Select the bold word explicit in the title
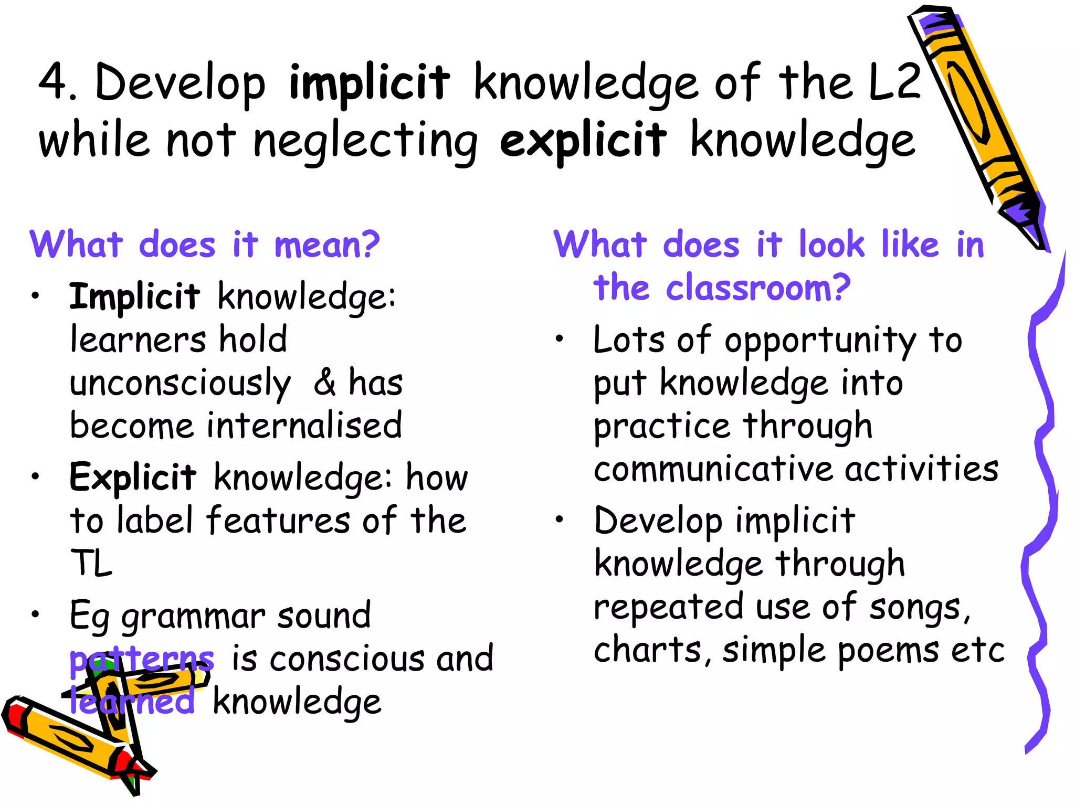tap(583, 141)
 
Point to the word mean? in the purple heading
tap(326, 245)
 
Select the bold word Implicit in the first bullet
tap(134, 298)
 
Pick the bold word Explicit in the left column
tap(133, 478)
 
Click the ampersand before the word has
tap(325, 382)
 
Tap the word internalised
tap(304, 426)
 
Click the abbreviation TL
tap(91, 564)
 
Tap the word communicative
tap(713, 469)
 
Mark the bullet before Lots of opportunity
tap(560, 339)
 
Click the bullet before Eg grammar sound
tap(35, 614)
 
